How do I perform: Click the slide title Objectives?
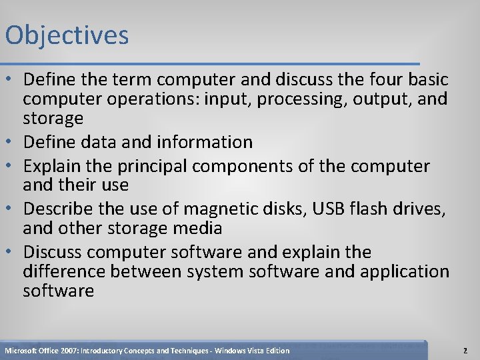[67, 35]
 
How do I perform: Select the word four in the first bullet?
[379, 80]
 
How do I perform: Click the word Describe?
[59, 209]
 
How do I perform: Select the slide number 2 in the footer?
[465, 351]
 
